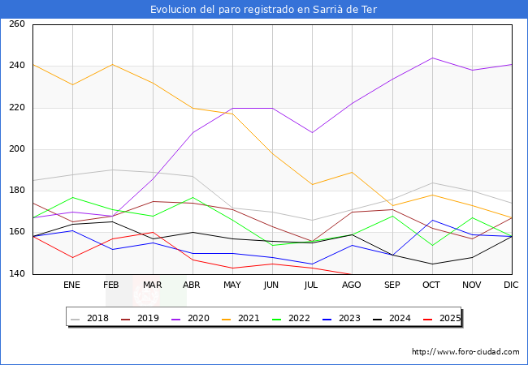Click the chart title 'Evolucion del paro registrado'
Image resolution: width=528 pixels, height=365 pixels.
pyautogui.click(x=263, y=10)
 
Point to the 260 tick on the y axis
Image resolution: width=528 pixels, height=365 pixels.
pyautogui.click(x=16, y=24)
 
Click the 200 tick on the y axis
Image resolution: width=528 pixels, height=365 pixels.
pyautogui.click(x=16, y=149)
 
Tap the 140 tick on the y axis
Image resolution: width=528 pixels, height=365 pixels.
pyautogui.click(x=16, y=274)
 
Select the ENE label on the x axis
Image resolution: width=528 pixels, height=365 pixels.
pyautogui.click(x=72, y=286)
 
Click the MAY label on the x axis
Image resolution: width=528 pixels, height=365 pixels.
pyautogui.click(x=232, y=286)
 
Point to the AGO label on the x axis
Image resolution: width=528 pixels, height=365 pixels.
pyautogui.click(x=352, y=286)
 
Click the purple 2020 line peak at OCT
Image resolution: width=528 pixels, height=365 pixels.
pyautogui.click(x=432, y=58)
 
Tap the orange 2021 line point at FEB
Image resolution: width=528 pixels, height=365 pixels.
pyautogui.click(x=112, y=64)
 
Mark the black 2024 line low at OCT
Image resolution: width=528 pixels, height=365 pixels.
pyautogui.click(x=432, y=264)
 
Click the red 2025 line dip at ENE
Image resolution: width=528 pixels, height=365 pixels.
pyautogui.click(x=72, y=257)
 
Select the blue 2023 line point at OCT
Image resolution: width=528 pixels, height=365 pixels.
pyautogui.click(x=432, y=220)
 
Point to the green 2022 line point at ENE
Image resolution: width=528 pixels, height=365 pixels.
pyautogui.click(x=72, y=197)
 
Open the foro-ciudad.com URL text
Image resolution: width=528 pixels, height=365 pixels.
pyautogui.click(x=465, y=352)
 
